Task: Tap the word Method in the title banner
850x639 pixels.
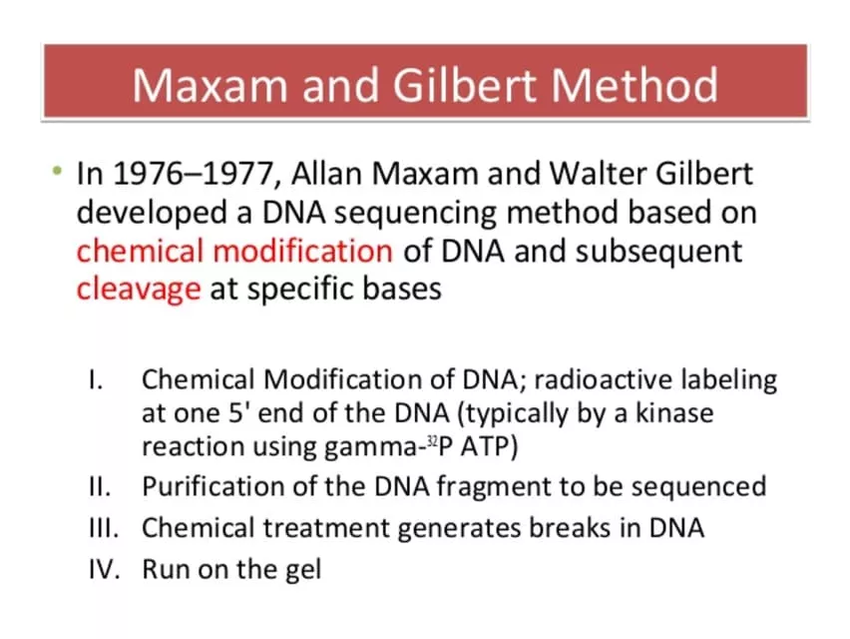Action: coord(635,85)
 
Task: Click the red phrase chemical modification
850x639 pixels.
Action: coord(234,251)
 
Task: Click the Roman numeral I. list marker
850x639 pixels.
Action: coord(96,379)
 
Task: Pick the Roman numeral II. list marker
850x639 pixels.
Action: coord(100,486)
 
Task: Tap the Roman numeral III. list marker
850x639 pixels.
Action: coord(104,528)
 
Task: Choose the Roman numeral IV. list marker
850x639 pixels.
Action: coord(104,569)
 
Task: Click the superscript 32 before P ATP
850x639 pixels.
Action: coord(432,440)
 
